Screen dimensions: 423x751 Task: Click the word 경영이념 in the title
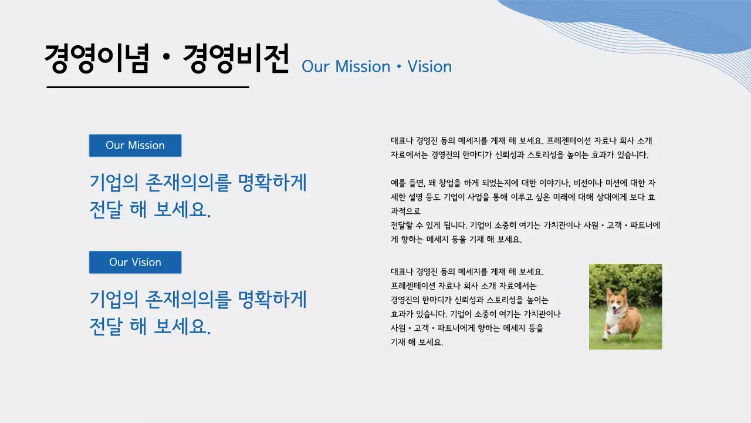[x=97, y=59]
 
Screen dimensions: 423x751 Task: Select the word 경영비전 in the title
[x=236, y=59]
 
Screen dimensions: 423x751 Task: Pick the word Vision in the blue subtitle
[x=429, y=66]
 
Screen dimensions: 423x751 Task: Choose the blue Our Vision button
[x=135, y=262]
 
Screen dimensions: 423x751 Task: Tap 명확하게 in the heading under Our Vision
[x=273, y=300]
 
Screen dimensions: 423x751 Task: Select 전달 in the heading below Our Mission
[x=106, y=210]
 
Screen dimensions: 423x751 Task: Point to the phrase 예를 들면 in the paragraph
[x=407, y=183]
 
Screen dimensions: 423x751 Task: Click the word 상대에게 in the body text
[x=594, y=197]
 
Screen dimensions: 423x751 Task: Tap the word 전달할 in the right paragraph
[x=402, y=225]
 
